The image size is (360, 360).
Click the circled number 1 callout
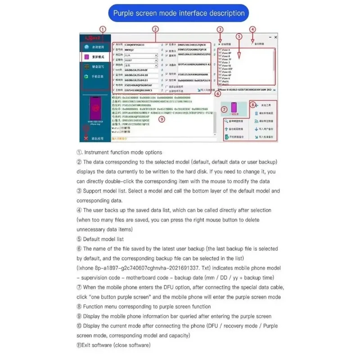103,30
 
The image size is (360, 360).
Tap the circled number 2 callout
155,29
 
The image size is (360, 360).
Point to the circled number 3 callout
220,30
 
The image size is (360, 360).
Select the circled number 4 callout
252,30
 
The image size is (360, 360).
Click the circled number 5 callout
239,36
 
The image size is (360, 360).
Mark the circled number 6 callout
218,94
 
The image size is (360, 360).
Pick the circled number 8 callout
252,104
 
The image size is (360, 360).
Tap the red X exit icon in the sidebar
86,138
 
